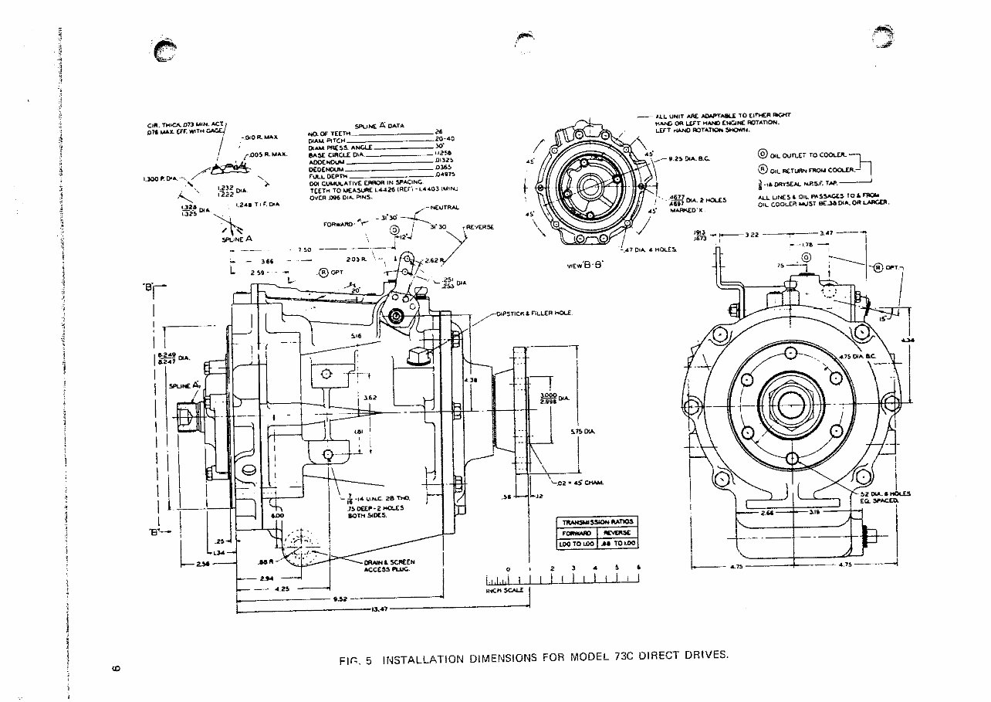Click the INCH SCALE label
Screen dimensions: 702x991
504,590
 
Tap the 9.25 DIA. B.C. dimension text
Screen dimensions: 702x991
680,159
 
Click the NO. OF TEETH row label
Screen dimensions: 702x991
330,133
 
